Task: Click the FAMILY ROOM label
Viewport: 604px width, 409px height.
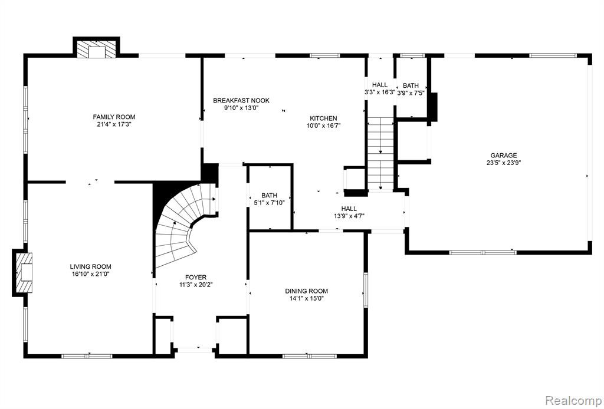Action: pyautogui.click(x=114, y=117)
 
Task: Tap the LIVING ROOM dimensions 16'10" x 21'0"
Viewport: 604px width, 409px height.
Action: pyautogui.click(x=90, y=274)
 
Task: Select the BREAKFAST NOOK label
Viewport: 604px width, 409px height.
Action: pyautogui.click(x=241, y=100)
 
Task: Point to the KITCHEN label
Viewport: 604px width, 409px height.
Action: pyautogui.click(x=324, y=118)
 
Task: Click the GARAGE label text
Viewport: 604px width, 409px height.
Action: pyautogui.click(x=504, y=156)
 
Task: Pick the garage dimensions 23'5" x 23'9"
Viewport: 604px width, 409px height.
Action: pyautogui.click(x=504, y=163)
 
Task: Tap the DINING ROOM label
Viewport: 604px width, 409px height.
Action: pyautogui.click(x=307, y=291)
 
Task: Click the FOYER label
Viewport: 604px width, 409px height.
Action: pyautogui.click(x=196, y=278)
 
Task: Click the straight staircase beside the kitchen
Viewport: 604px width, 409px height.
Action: pyautogui.click(x=380, y=154)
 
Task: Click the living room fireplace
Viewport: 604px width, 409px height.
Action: pyautogui.click(x=23, y=272)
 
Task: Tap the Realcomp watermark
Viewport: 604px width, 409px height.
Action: pyautogui.click(x=573, y=400)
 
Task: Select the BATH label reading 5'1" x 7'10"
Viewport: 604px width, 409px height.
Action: pyautogui.click(x=269, y=199)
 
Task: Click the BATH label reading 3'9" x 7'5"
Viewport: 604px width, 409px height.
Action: pyautogui.click(x=411, y=89)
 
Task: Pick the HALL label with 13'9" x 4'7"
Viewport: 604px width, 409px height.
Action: pyautogui.click(x=349, y=212)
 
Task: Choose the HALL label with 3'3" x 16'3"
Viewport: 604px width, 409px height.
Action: pyautogui.click(x=380, y=88)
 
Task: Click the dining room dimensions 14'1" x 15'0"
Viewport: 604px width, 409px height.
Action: pyautogui.click(x=307, y=298)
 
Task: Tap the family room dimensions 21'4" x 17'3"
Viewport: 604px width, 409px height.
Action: pyautogui.click(x=114, y=124)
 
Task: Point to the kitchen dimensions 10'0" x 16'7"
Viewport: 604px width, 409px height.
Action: pyautogui.click(x=324, y=126)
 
